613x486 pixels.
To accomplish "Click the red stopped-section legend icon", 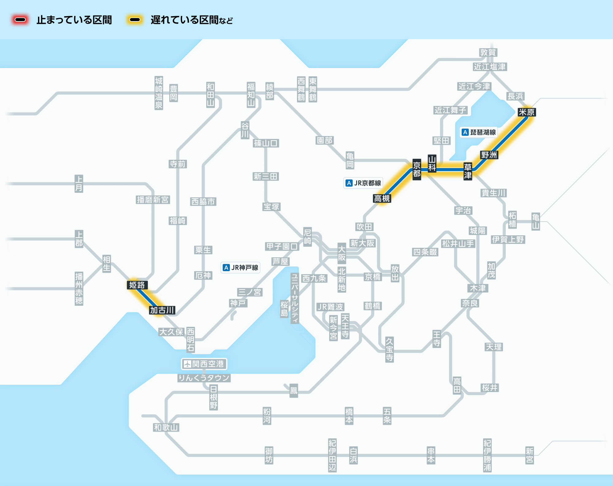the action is (x=20, y=20).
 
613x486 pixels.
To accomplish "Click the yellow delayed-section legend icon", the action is (x=135, y=20).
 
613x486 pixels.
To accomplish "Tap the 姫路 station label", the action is (x=137, y=285).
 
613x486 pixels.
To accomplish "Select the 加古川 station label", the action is (x=162, y=310).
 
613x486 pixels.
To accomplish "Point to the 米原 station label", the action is (x=527, y=112).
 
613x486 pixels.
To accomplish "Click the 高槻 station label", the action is (x=382, y=199).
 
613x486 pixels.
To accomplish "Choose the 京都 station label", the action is (x=417, y=170).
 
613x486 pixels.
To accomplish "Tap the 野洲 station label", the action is (x=489, y=155).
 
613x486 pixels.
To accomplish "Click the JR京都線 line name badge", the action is (x=363, y=183).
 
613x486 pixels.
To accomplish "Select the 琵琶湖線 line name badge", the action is (x=479, y=132).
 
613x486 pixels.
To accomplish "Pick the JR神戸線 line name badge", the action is (x=241, y=267).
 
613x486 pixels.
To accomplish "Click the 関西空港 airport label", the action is (x=204, y=364).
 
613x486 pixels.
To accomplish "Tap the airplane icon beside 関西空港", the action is (x=187, y=364).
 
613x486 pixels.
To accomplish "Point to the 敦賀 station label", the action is (x=488, y=52).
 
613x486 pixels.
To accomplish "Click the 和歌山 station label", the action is (x=166, y=427).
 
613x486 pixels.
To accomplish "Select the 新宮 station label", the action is (x=530, y=455).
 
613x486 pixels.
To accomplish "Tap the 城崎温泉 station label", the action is (x=159, y=93).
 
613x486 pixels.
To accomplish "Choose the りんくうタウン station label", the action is (x=204, y=378).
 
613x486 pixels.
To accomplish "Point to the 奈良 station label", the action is (x=470, y=303).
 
